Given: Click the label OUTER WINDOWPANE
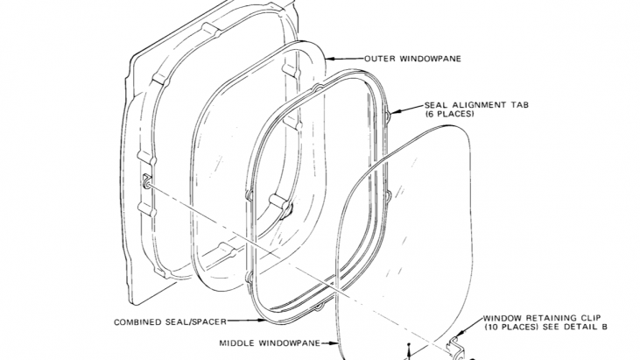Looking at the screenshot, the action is coord(412,59).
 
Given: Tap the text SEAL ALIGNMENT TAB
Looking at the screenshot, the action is coord(477,105).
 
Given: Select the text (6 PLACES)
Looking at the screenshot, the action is coord(449,114).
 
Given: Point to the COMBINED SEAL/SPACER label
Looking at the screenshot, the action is coord(170,322).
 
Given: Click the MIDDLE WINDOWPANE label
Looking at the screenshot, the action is coord(270,343).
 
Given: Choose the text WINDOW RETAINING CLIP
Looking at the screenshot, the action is coord(542,318).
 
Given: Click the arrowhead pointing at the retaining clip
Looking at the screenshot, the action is coord(459,335).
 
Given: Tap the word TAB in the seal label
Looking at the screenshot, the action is coord(519,105).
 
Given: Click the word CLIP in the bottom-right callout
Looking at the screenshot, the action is coord(589,318).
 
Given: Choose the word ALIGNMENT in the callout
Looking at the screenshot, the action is coord(479,105).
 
